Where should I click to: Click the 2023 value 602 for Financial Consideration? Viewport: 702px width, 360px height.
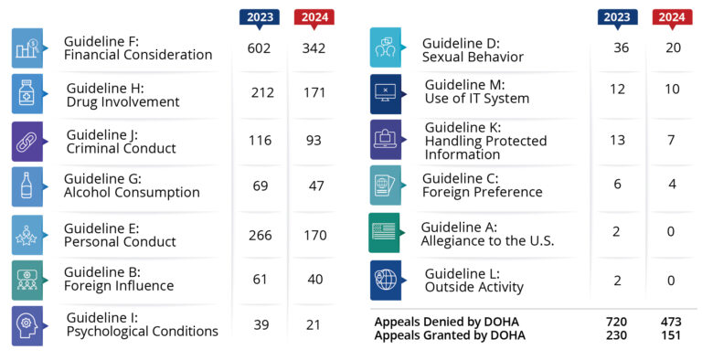260,48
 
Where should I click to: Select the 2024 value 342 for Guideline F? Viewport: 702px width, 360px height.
314,48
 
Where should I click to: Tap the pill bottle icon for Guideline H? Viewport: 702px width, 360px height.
27,94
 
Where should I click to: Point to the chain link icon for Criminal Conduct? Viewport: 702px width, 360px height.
27,142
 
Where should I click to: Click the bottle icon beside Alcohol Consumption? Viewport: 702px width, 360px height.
27,186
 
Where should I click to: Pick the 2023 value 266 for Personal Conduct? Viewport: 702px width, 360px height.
261,235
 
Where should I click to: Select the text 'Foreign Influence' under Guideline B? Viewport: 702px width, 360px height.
119,286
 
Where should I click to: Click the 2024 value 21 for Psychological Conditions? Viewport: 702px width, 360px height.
314,326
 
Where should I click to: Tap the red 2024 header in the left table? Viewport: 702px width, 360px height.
314,16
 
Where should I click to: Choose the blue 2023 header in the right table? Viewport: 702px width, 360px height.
617,16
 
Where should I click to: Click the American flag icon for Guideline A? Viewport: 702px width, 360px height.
385,232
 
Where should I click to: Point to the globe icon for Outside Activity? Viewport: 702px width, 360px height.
385,280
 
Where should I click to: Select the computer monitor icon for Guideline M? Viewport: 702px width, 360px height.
385,93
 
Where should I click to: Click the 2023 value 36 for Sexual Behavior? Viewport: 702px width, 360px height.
622,48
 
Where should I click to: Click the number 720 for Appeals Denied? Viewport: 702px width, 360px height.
617,322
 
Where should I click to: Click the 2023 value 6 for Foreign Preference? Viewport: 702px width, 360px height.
617,184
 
